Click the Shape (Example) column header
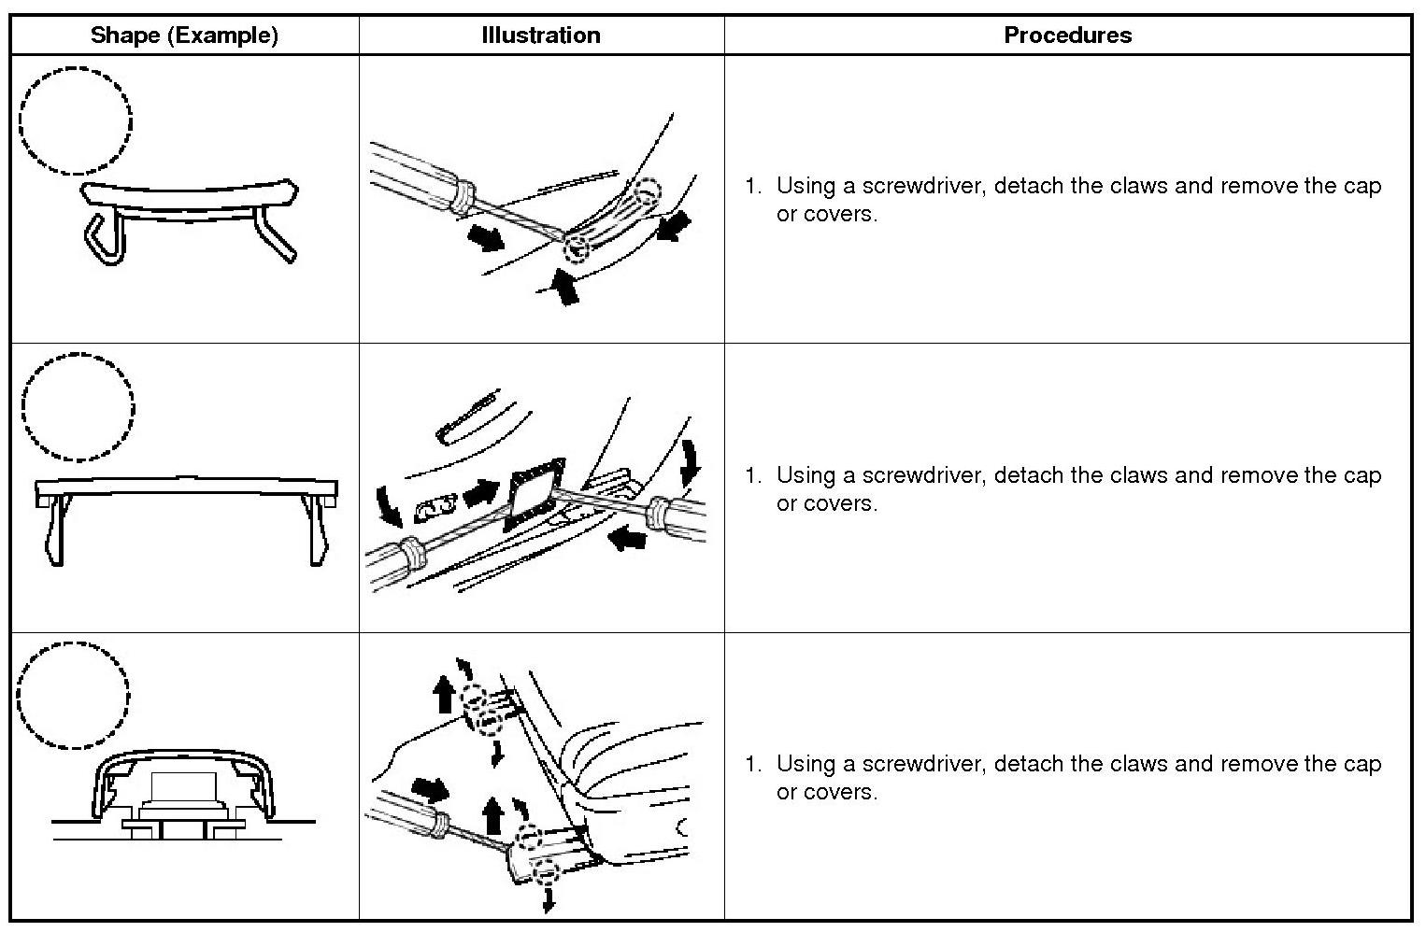(x=184, y=35)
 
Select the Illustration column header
(x=540, y=35)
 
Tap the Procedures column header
(x=1067, y=35)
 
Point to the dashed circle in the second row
(x=78, y=407)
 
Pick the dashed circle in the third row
(x=74, y=696)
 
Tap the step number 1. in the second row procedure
(x=753, y=475)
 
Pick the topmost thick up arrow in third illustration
(x=445, y=695)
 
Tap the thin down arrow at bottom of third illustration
(x=549, y=898)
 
